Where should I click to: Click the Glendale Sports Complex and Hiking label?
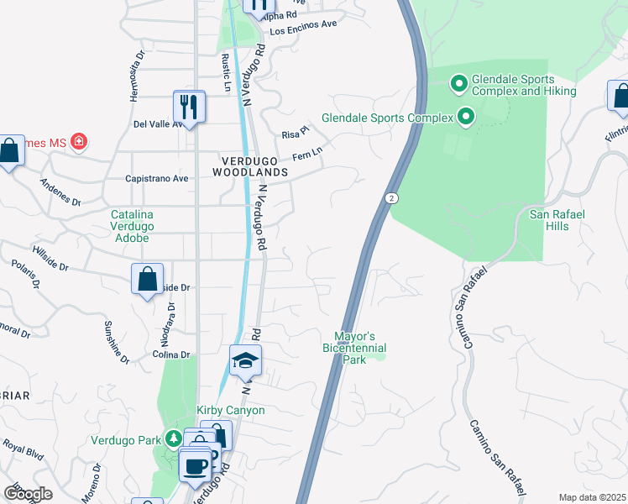tap(524, 85)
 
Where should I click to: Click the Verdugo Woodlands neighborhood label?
tap(254, 165)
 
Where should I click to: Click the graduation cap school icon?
tap(246, 361)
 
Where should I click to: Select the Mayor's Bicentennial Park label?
tap(354, 347)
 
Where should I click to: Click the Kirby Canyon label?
tap(231, 410)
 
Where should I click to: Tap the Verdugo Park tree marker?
tap(172, 438)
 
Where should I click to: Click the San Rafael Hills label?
tap(557, 220)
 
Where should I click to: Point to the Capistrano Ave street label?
tap(157, 179)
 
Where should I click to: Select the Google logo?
tap(28, 494)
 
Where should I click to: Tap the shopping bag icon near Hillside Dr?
tap(147, 279)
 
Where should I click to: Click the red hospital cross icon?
tap(78, 141)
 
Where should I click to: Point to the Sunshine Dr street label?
tap(117, 342)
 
